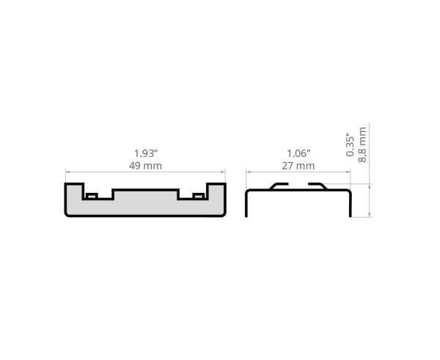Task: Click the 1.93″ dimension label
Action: tap(146, 154)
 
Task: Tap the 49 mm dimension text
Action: tap(145, 166)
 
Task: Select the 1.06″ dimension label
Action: tap(298, 154)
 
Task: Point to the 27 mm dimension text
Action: tap(298, 166)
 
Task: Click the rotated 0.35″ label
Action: tap(350, 144)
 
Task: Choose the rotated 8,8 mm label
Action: tap(362, 144)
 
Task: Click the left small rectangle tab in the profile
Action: tap(92, 196)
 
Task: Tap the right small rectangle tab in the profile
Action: tap(199, 196)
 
